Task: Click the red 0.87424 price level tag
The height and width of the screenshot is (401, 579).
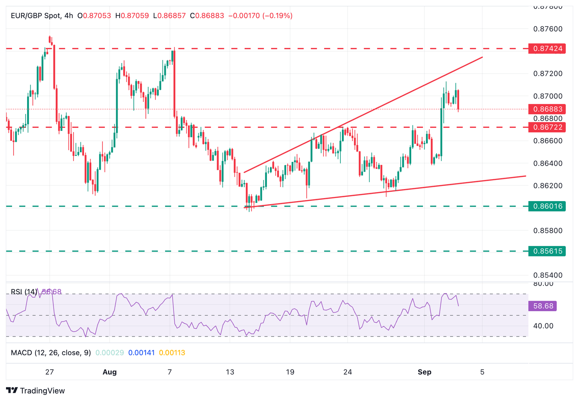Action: coord(547,49)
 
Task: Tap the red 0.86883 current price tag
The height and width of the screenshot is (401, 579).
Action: coord(547,109)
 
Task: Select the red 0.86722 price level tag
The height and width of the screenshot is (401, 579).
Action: coord(547,128)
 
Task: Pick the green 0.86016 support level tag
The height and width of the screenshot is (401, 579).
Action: coord(547,206)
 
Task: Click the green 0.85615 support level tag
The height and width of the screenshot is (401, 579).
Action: coord(547,251)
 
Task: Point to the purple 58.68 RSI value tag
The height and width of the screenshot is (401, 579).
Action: coord(543,306)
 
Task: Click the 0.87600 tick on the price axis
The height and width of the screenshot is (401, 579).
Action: coord(548,29)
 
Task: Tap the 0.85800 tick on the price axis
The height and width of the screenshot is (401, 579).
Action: coord(548,230)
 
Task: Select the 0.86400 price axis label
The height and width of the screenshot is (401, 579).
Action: coord(548,163)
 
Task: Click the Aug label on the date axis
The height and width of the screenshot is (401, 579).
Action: coord(110,372)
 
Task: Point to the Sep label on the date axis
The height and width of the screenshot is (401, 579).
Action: coord(424,372)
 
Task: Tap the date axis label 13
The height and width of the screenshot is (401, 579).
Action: coord(230,372)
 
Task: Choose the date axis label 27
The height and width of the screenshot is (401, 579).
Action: coord(49,372)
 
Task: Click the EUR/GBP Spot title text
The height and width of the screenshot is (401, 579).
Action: coord(36,16)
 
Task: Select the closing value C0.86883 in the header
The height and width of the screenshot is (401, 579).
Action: coord(207,16)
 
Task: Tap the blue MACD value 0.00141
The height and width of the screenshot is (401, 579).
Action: coord(141,353)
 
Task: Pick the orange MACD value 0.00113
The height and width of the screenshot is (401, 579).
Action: coord(172,353)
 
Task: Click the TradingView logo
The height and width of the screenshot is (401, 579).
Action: coord(35,390)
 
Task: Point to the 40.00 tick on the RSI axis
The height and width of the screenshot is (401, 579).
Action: coord(543,326)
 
